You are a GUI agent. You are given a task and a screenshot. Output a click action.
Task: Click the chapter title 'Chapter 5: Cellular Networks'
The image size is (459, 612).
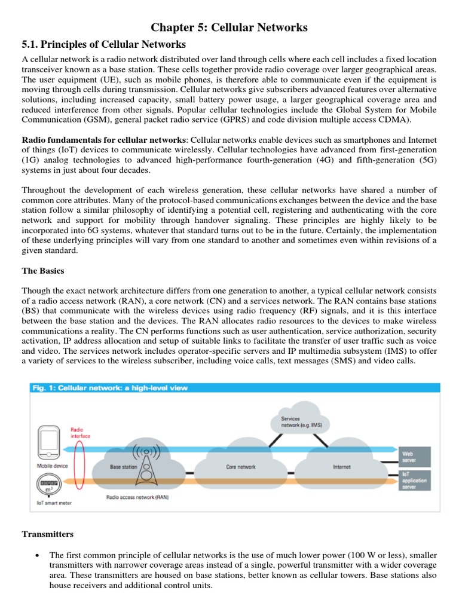[x=229, y=27]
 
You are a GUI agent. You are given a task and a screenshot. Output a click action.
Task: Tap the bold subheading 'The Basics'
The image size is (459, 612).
[x=42, y=271]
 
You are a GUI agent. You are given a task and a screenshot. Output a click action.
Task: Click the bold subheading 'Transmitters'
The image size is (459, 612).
[x=47, y=534]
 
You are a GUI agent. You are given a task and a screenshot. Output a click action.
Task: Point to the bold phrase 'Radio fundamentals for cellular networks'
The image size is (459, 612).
[x=103, y=139]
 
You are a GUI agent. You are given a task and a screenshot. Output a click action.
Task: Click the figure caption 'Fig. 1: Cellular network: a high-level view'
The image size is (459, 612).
[x=110, y=388]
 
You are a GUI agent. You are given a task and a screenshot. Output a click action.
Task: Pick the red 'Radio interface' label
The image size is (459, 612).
[x=81, y=433]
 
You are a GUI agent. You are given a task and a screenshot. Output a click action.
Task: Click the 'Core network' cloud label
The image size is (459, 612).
[x=241, y=467]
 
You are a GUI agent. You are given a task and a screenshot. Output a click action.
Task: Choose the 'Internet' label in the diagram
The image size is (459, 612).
[x=342, y=467]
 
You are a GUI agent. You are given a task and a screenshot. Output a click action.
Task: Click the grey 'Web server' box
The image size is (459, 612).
[x=415, y=457]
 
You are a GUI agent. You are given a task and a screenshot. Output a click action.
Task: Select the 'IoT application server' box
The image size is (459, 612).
[x=415, y=479]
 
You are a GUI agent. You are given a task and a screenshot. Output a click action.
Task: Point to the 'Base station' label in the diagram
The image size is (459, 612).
[x=123, y=467]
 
